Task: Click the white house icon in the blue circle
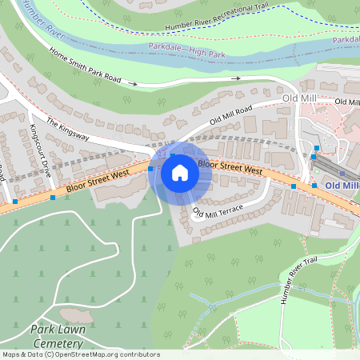click(180, 172)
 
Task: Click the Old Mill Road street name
click(231, 114)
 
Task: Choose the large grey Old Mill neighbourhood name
click(300, 98)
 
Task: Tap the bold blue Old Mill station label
click(342, 186)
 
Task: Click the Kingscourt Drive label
click(40, 150)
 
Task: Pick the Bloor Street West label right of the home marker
click(230, 167)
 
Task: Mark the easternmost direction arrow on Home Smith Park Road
click(236, 78)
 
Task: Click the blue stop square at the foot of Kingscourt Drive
click(53, 197)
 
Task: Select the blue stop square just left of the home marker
click(150, 169)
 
